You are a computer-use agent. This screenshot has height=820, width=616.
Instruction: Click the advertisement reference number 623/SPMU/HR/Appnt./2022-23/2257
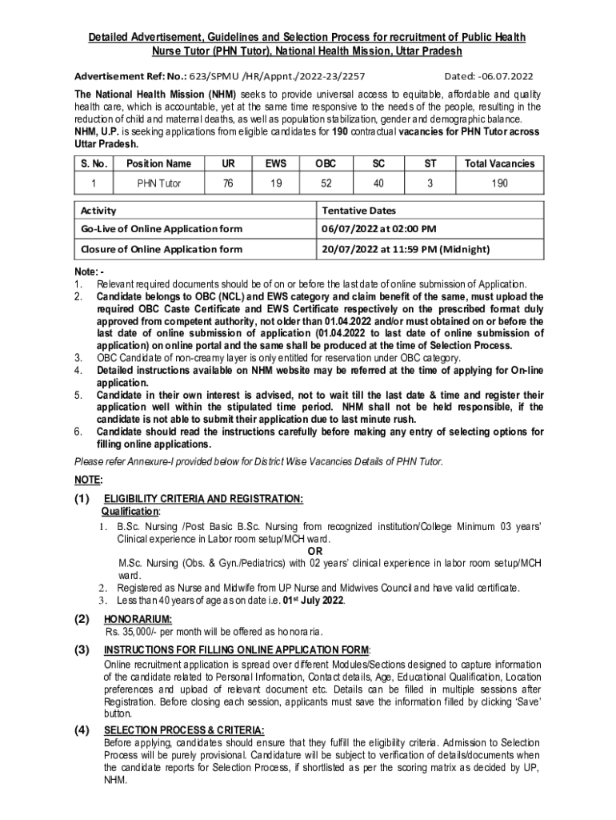277,77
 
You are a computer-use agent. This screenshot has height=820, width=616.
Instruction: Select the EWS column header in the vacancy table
274,163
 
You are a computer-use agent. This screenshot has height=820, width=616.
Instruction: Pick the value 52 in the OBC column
326,183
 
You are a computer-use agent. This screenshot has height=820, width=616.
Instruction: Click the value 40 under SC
378,183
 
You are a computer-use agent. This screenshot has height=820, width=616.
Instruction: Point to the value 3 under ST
430,183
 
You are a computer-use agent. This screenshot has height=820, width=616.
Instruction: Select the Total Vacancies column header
500,163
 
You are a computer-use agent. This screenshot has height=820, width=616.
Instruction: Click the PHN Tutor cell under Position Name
159,183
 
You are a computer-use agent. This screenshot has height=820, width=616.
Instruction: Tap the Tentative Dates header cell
358,211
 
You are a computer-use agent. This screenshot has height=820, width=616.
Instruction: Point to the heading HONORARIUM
138,619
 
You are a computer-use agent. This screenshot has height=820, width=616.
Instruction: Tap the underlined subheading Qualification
130,510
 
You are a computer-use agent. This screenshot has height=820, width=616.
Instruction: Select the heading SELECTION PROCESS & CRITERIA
184,730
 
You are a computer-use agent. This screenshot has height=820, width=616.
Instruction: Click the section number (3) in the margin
82,649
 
